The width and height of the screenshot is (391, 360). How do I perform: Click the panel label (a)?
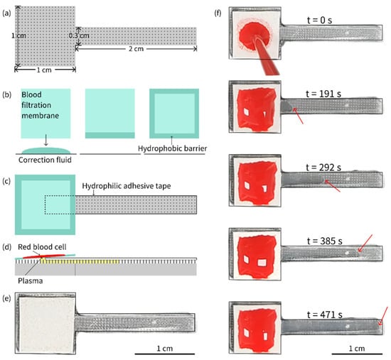coord(6,13)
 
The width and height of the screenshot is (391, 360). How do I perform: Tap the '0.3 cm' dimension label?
coord(79,36)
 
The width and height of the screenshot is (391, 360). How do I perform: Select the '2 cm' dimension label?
coord(136,49)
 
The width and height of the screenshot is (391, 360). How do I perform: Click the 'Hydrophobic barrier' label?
coord(173,148)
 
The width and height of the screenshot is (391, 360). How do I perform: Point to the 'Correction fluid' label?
coord(45,160)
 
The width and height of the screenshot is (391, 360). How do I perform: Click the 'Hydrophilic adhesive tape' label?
coord(127,186)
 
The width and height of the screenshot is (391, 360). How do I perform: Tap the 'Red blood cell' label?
coord(42,247)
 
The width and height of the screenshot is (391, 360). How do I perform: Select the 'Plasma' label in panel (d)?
coord(30,280)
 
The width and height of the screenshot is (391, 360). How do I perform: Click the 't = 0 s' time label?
coord(319,20)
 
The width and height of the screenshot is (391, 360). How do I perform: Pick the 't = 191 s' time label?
coord(323,94)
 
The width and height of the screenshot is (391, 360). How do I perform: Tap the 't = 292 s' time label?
coord(323,168)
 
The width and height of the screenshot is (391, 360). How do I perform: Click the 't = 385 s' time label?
coord(324,241)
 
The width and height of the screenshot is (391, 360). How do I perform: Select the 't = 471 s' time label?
coord(324,315)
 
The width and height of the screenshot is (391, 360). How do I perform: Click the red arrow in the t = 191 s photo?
coord(298,116)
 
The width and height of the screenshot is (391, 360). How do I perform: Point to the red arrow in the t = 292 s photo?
coord(332,186)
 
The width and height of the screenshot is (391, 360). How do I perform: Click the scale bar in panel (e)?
coord(165,354)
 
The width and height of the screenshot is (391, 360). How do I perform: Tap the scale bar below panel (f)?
coord(357,354)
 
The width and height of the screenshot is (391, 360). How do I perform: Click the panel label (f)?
coord(218,13)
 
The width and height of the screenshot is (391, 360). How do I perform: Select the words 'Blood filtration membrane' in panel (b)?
coord(40,105)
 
